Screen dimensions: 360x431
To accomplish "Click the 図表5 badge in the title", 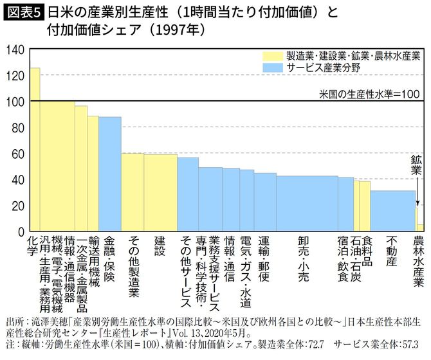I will click(x=23, y=12).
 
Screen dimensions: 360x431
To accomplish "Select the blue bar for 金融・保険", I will click(x=110, y=174).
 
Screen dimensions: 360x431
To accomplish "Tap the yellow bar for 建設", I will click(x=160, y=192).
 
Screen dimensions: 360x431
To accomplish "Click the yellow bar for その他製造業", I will click(x=133, y=192).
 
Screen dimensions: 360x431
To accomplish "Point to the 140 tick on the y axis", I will click(x=15, y=50).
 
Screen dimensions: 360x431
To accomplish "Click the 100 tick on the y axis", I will click(x=15, y=102).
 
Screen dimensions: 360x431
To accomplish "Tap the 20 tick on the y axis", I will click(x=17, y=206).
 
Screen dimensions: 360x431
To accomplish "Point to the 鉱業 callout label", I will click(x=417, y=166).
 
